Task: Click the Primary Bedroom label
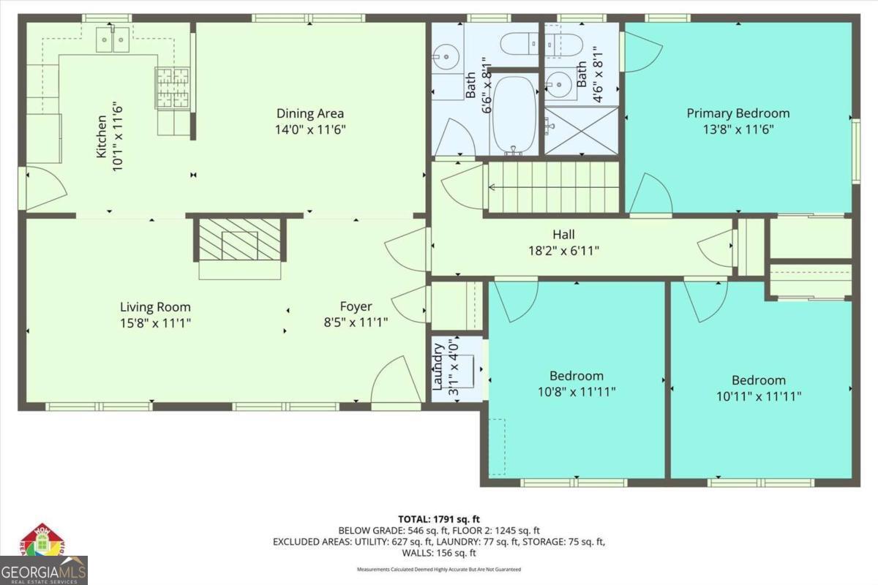coord(738,113)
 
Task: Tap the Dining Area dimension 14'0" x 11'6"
coord(310,129)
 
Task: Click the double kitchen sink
coord(113,39)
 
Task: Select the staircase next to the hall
coord(552,187)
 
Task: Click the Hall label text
coord(563,235)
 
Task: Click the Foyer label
coord(356,306)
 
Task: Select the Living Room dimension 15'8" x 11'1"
coord(155,322)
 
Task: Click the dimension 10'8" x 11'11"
coord(577,391)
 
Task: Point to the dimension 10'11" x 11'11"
coord(759,396)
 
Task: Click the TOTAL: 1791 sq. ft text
coord(439,519)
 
